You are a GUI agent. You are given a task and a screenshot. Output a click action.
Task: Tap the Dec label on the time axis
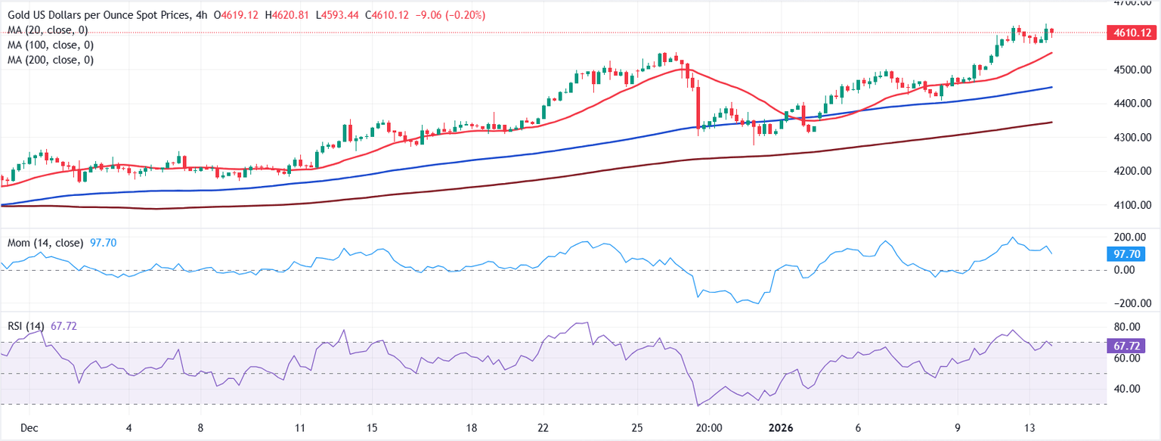click(x=29, y=427)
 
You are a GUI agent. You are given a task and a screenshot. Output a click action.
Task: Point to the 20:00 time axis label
click(x=710, y=427)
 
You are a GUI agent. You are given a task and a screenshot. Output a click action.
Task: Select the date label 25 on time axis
click(x=637, y=427)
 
